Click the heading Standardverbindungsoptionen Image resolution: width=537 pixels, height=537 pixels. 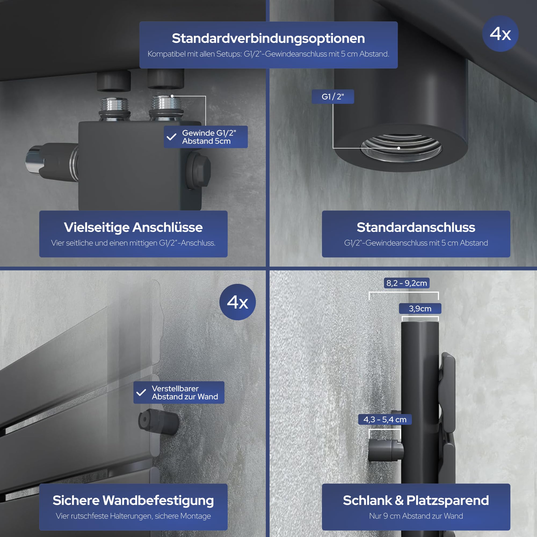pos(268,38)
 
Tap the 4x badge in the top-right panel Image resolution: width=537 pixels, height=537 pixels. pos(500,34)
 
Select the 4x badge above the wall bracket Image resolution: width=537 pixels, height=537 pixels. pos(237,302)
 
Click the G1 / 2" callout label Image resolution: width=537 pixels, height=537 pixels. pos(333,96)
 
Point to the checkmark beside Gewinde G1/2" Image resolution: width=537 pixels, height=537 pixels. pos(171,137)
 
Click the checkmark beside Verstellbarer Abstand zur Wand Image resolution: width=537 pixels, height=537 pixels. pos(141,392)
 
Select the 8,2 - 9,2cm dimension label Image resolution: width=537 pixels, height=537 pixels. pos(407,283)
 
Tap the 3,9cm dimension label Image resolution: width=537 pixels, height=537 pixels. pos(420,309)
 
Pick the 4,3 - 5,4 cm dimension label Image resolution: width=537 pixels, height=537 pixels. pos(385,419)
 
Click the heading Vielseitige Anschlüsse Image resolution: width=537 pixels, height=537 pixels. pos(133,227)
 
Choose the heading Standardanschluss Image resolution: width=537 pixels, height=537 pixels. pos(416,227)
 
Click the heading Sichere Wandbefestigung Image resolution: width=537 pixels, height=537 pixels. pos(133,500)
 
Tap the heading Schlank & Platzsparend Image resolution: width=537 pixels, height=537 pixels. pos(416,500)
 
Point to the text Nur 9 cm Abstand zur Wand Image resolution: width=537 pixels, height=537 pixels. pos(416,516)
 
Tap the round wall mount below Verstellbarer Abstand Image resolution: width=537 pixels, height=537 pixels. pos(158,422)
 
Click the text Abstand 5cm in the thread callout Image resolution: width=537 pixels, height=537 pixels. pos(206,141)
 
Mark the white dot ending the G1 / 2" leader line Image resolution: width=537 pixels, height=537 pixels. pos(398,148)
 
